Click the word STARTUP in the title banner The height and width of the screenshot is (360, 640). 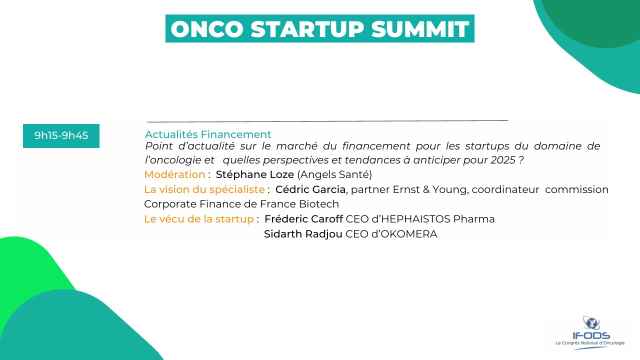pos(307,29)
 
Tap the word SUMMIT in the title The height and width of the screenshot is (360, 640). pos(420,29)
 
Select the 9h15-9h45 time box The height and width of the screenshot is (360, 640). pos(61,135)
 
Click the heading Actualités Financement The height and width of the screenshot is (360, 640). pos(208,134)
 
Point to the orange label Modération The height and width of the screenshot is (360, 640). pos(174,174)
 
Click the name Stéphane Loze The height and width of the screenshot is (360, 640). pos(255,174)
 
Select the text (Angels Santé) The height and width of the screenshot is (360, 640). pos(334,174)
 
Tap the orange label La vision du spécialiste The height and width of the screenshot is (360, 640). pos(204,189)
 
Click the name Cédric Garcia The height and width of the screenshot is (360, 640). pos(310,189)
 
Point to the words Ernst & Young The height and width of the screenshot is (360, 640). pos(430,189)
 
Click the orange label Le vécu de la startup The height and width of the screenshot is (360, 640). pos(199,219)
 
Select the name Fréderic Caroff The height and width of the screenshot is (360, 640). pos(303,219)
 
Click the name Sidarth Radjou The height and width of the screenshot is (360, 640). pos(303,234)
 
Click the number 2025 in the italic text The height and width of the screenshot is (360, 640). pos(503,160)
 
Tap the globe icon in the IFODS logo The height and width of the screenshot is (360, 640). pos(591,323)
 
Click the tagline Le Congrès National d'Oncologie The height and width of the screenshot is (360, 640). pos(590,343)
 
